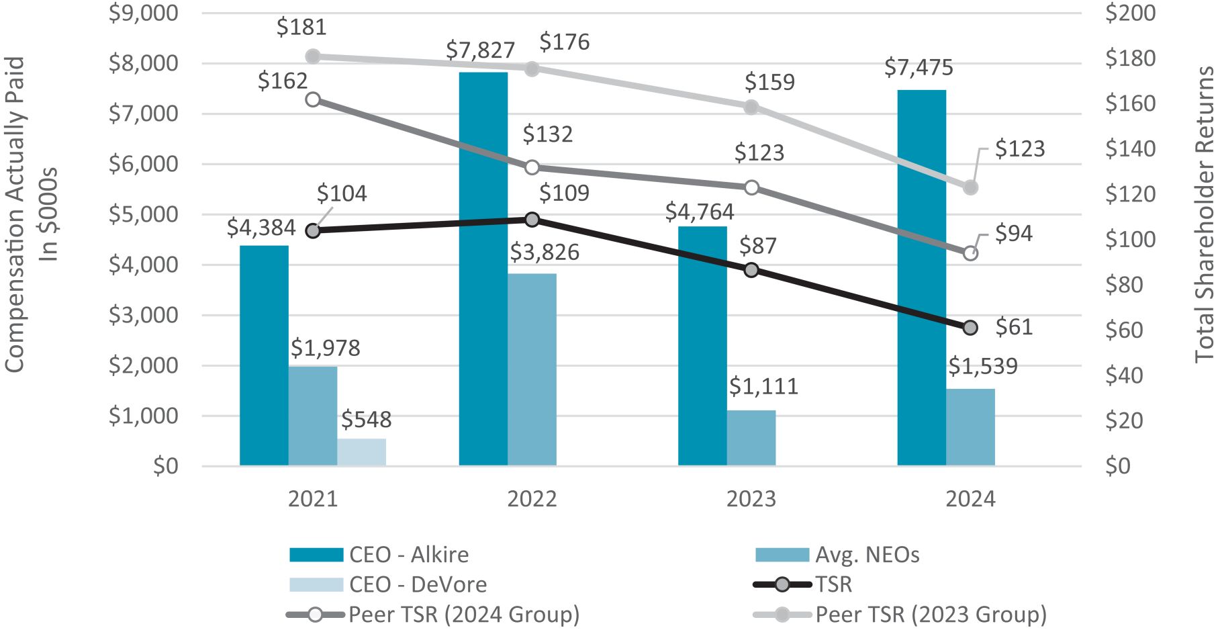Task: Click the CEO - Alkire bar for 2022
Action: pos(483,269)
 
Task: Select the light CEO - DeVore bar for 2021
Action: pos(361,452)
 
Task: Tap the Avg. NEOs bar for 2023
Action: pos(751,438)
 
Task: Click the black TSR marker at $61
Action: pos(970,328)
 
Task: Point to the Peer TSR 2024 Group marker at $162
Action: pos(313,99)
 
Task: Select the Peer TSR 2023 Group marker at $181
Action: pos(313,56)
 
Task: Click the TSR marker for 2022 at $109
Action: pos(532,220)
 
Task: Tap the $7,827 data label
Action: pos(480,50)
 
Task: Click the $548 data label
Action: pos(366,420)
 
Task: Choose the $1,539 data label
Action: pos(982,366)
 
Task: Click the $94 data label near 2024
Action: pos(1013,233)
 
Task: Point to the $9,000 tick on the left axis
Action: pos(143,13)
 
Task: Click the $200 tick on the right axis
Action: pos(1130,13)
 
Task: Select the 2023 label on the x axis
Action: pos(751,499)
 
